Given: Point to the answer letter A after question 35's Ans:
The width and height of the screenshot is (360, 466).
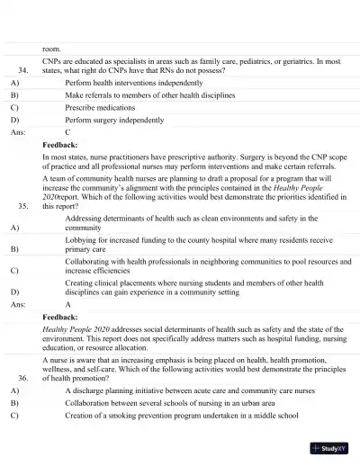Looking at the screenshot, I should tap(67, 305).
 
